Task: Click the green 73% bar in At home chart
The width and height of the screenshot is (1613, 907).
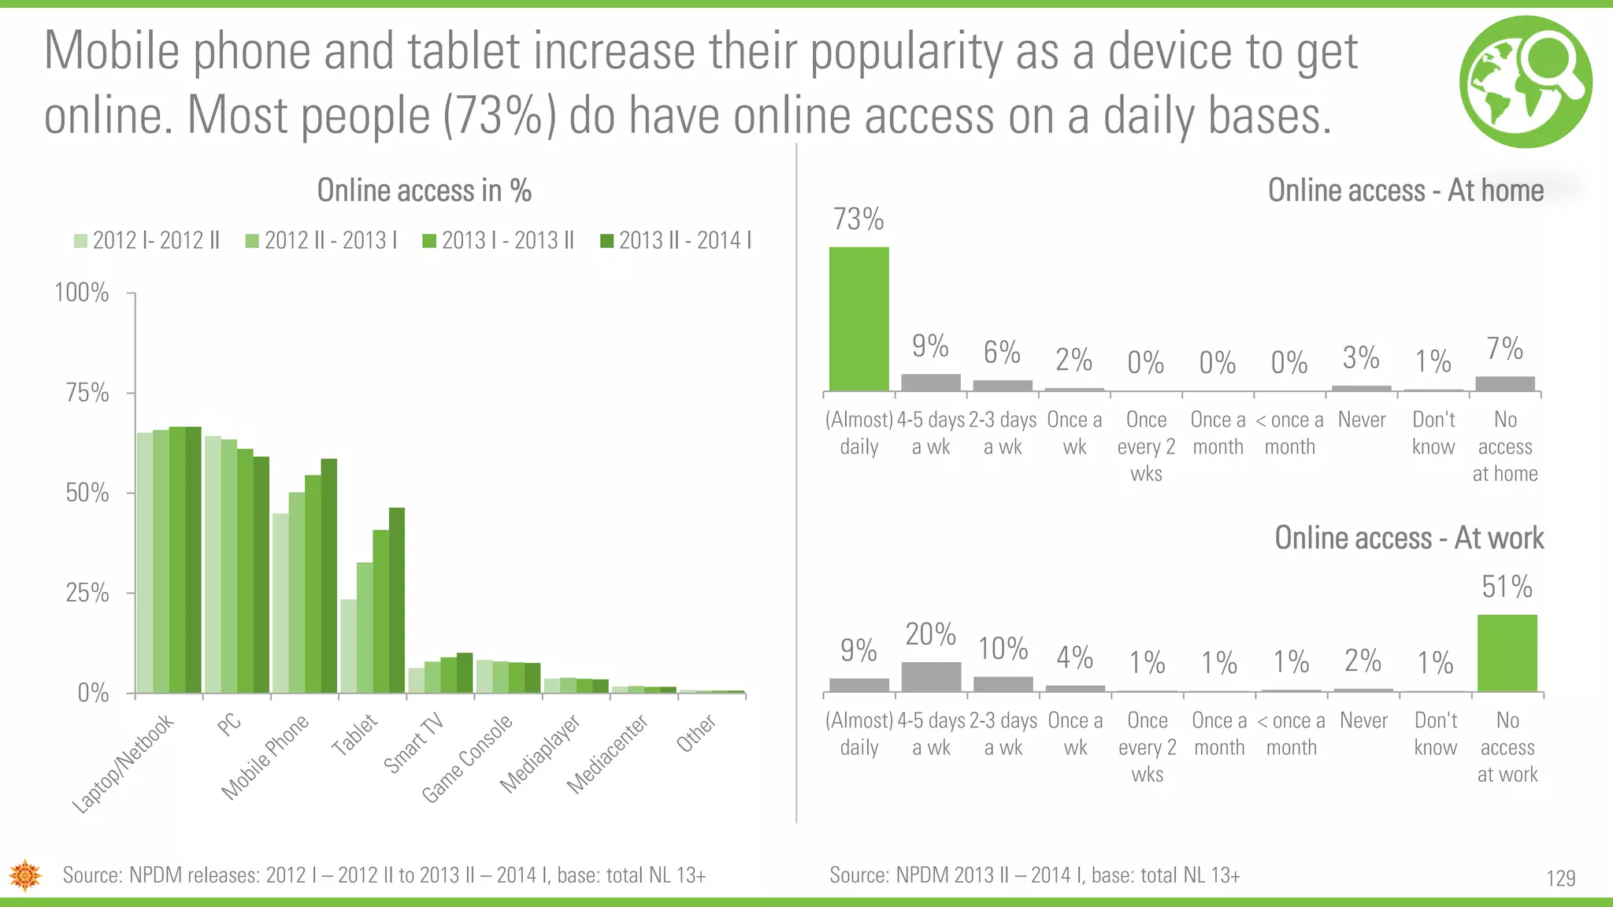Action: [x=858, y=319]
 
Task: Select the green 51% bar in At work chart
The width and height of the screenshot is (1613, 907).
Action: [x=1507, y=653]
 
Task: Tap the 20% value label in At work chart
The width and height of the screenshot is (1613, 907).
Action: [x=930, y=634]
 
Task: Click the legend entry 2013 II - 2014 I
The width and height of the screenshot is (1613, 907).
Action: [x=677, y=240]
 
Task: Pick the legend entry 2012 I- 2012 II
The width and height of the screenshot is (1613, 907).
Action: [x=147, y=240]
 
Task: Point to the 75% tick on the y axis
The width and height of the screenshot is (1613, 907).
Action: [x=87, y=392]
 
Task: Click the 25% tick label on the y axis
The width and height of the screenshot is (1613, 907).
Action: [x=87, y=592]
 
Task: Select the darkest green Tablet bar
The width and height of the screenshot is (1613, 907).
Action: [x=397, y=600]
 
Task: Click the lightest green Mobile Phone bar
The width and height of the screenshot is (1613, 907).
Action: [x=280, y=603]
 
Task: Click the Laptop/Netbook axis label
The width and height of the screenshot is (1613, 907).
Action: [x=123, y=763]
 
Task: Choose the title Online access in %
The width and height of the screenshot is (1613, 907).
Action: [x=424, y=191]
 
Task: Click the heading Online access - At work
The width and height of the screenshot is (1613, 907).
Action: [x=1408, y=538]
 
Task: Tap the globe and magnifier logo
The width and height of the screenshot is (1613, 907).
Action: [x=1525, y=81]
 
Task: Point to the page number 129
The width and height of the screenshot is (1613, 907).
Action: [x=1560, y=878]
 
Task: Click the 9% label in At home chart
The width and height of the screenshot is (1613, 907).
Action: [x=930, y=346]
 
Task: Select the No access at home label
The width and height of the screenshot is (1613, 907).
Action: [x=1504, y=446]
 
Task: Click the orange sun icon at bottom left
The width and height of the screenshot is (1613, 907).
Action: [x=25, y=875]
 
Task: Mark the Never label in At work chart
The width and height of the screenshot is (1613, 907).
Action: [x=1363, y=720]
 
